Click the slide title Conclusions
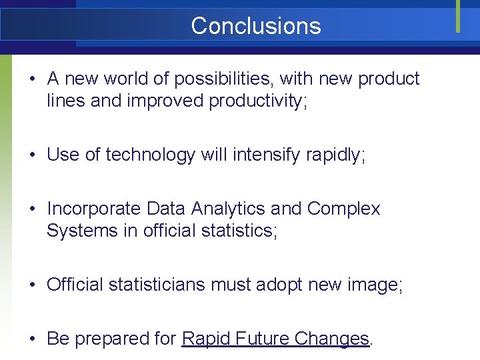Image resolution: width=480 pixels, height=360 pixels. click(255, 26)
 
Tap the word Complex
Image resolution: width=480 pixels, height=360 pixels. click(343, 209)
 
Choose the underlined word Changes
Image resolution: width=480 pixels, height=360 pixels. click(333, 339)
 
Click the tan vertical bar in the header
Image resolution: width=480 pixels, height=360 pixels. click(458, 16)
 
